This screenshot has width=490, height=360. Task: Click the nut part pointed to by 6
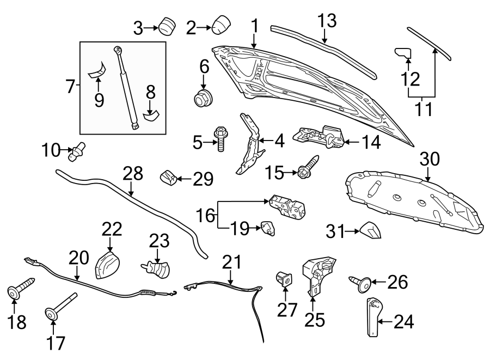pyautogui.click(x=203, y=99)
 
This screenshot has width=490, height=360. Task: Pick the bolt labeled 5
pyautogui.click(x=221, y=139)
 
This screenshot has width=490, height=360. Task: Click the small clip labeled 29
pyautogui.click(x=169, y=178)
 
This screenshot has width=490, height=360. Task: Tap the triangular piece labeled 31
pyautogui.click(x=370, y=231)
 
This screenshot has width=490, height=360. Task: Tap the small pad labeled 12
pyautogui.click(x=402, y=53)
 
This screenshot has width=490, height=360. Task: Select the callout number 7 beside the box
pyautogui.click(x=70, y=86)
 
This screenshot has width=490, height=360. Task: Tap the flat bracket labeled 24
pyautogui.click(x=373, y=318)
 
